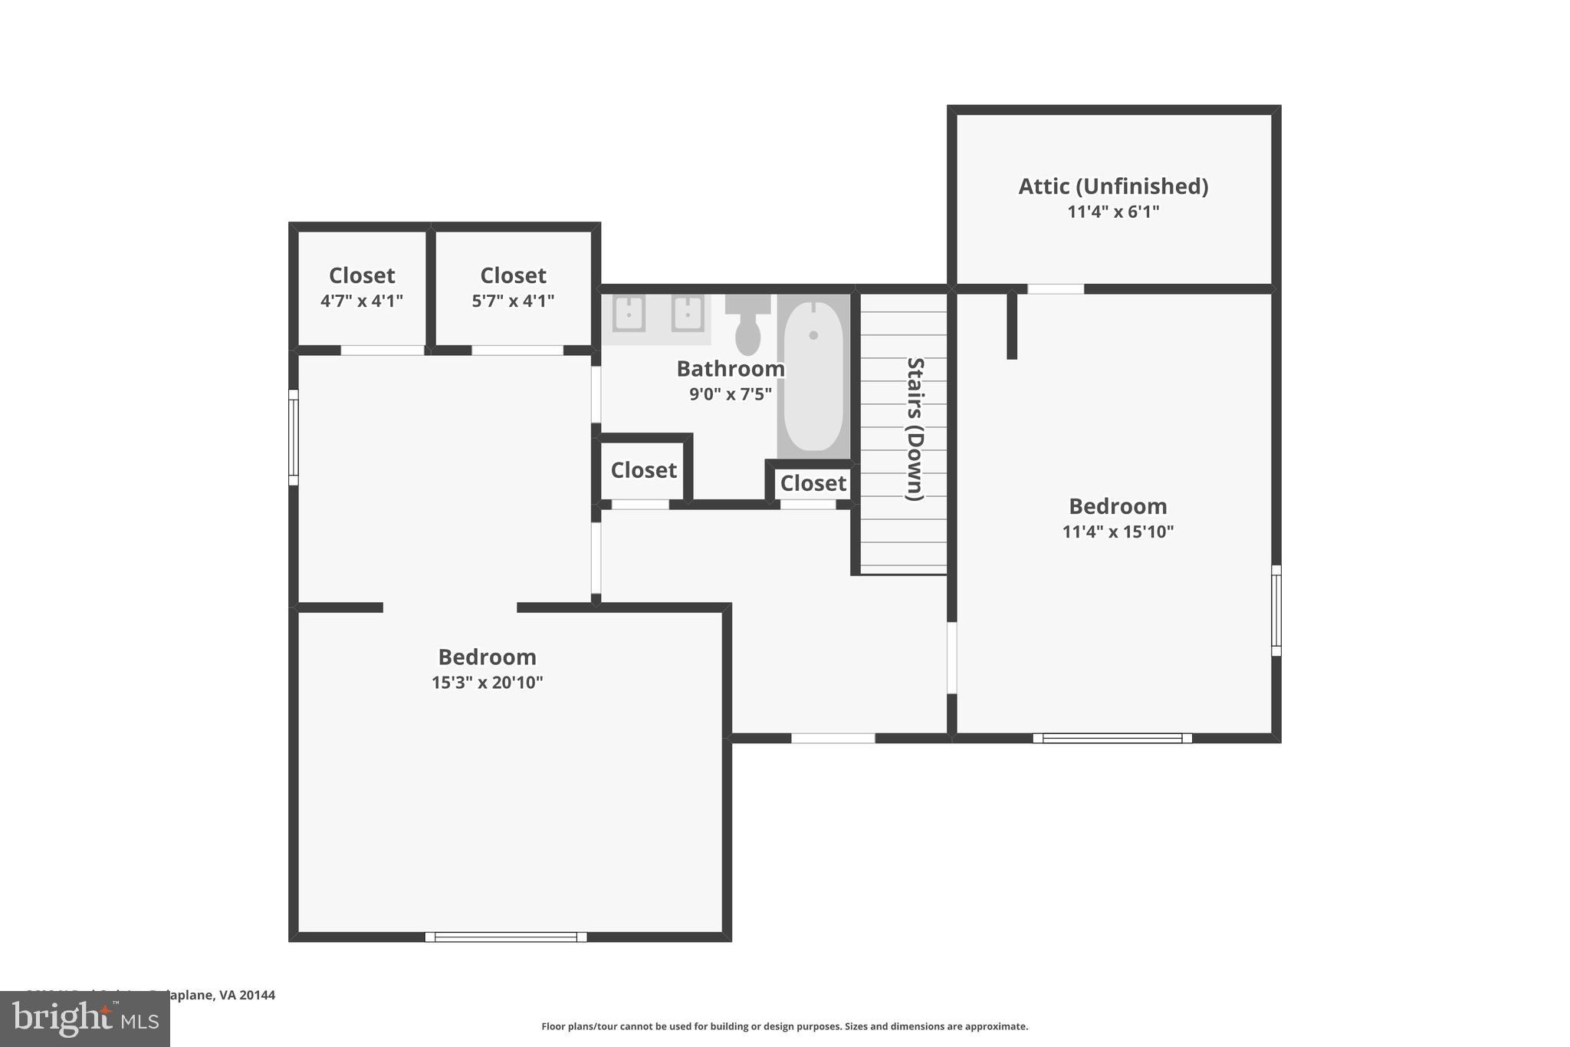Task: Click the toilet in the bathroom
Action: (x=747, y=326)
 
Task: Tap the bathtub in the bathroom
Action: (x=813, y=377)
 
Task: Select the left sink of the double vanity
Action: (x=629, y=314)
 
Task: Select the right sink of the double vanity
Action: (x=688, y=314)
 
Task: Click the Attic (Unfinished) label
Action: (x=1113, y=186)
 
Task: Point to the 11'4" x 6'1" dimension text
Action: (x=1113, y=212)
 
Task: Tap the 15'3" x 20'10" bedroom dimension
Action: (x=487, y=683)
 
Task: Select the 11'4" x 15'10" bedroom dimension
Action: (x=1118, y=532)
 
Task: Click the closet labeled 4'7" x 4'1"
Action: (x=362, y=288)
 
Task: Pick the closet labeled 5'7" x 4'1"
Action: (x=513, y=288)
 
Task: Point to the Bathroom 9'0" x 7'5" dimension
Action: (x=730, y=394)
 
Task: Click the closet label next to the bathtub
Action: (x=813, y=483)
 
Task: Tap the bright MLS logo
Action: (x=85, y=1019)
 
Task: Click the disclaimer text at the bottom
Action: (x=784, y=1026)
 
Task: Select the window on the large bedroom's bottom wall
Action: (x=506, y=937)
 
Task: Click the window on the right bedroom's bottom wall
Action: (x=1112, y=738)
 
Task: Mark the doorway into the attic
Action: (x=1056, y=289)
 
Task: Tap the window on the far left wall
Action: (x=293, y=437)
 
